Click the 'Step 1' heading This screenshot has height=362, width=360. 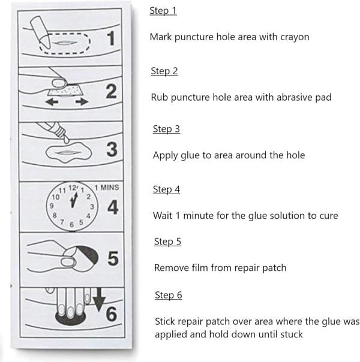click(163, 11)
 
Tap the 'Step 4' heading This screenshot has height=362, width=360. click(166, 189)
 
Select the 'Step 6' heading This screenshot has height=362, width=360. click(169, 295)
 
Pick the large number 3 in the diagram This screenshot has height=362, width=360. click(112, 149)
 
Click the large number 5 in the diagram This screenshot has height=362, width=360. click(112, 258)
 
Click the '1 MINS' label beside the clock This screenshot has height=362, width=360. click(107, 187)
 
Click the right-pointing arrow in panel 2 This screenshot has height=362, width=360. click(81, 102)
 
